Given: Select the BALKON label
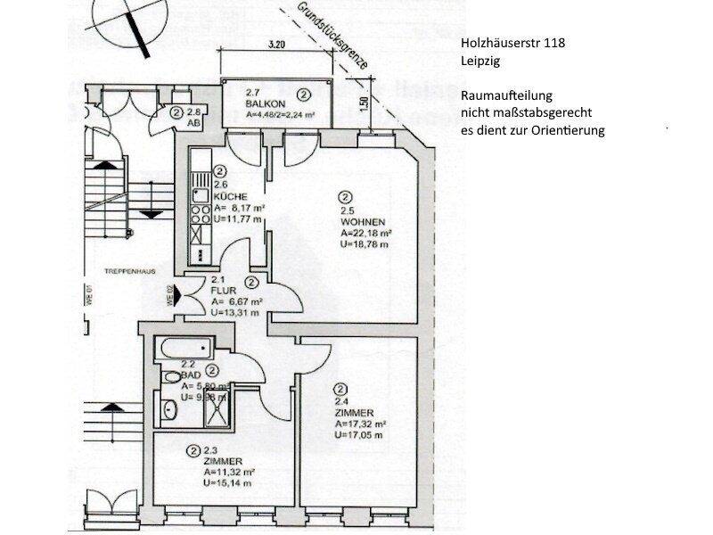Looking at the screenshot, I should [264, 103].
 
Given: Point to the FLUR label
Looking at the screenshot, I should [222, 290].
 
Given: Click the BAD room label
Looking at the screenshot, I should [189, 375].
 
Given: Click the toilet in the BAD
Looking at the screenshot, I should [171, 377].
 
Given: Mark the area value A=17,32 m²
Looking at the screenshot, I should [361, 424].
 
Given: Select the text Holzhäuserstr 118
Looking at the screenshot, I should [512, 42].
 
